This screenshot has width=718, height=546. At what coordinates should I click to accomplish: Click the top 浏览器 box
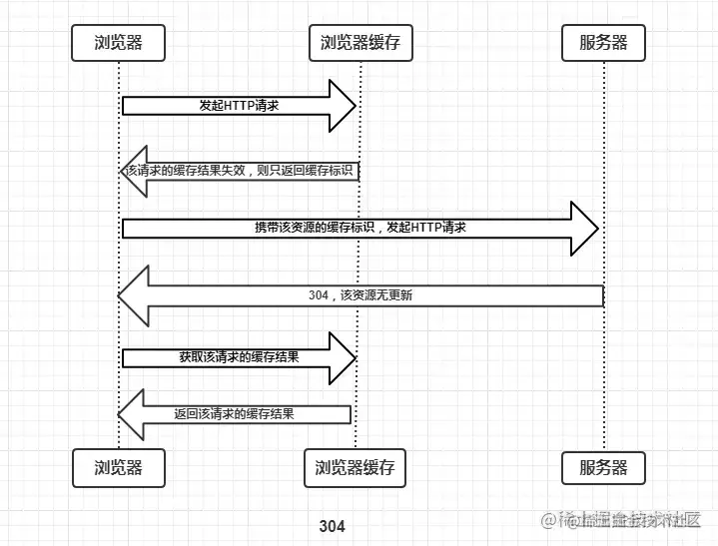click(x=118, y=43)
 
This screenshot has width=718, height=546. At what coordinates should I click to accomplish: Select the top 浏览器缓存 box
click(x=359, y=43)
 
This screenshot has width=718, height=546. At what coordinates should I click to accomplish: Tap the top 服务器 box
click(x=604, y=43)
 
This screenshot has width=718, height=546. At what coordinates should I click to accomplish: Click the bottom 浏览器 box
click(x=118, y=467)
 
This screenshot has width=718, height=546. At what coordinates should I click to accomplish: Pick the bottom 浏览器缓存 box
click(x=355, y=467)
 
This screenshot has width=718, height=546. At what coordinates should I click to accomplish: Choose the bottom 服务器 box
click(x=604, y=467)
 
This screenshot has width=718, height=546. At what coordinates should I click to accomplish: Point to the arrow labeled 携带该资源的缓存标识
click(x=359, y=228)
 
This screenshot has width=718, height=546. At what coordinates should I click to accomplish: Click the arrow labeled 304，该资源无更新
click(x=359, y=295)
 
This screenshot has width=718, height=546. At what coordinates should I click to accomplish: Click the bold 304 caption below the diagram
click(x=332, y=526)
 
